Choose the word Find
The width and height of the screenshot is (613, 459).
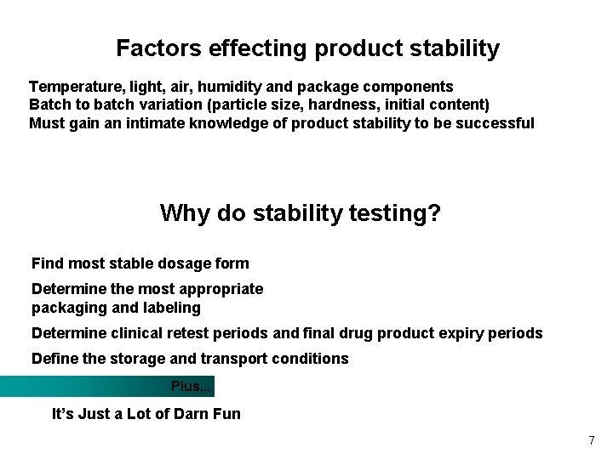[48, 263]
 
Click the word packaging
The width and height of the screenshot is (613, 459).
[68, 308]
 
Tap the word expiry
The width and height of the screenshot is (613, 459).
[460, 333]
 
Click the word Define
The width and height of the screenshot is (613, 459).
[55, 359]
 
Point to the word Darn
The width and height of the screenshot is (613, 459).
[192, 414]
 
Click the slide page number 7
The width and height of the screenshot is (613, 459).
[591, 440]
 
